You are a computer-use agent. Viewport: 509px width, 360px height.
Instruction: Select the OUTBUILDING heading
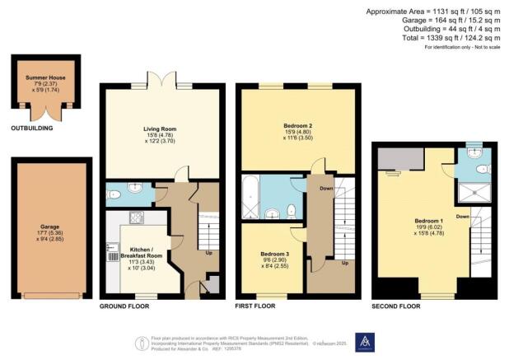click(x=32, y=129)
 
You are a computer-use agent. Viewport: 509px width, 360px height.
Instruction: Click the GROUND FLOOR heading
click(x=123, y=306)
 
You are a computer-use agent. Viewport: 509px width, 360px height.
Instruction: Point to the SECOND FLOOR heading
click(x=396, y=306)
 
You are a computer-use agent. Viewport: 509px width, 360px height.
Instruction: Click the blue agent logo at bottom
click(x=369, y=341)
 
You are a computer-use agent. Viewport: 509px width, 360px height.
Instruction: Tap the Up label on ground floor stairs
click(x=209, y=252)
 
